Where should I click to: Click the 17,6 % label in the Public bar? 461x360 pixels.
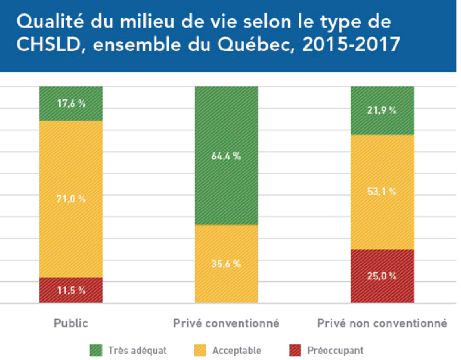(x=71, y=104)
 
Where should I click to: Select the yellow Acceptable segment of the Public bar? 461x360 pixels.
(x=71, y=165)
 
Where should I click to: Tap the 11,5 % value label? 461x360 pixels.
(x=71, y=290)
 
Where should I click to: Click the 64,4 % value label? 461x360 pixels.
(x=226, y=156)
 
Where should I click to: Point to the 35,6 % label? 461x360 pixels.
(x=226, y=264)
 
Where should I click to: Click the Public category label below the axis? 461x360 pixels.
(x=71, y=323)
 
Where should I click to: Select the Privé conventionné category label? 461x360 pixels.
(x=226, y=323)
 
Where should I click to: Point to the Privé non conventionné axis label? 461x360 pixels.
(x=382, y=323)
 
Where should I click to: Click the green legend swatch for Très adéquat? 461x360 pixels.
(x=96, y=350)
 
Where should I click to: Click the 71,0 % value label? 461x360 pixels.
(x=71, y=199)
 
